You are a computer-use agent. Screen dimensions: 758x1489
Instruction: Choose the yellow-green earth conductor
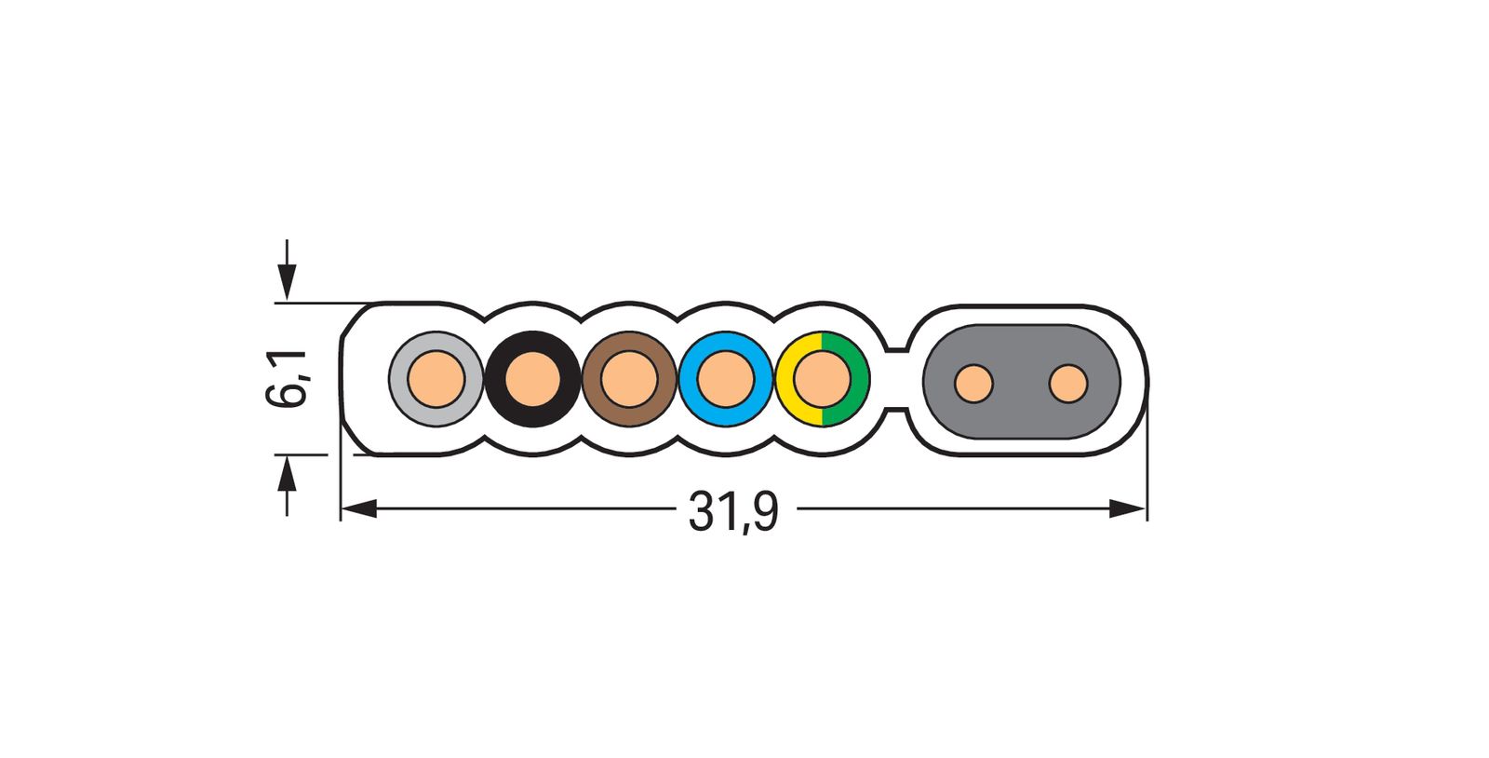coord(823,379)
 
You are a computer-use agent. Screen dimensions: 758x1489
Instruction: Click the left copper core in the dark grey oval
coord(973,384)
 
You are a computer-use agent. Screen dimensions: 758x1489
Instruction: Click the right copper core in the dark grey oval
coord(1067,384)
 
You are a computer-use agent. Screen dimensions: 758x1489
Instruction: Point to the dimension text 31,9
coord(732,512)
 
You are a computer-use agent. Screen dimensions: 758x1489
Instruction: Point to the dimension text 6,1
coord(286,379)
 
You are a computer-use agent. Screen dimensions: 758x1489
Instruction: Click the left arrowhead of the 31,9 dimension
coord(358,508)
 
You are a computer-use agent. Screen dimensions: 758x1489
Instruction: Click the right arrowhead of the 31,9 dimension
coord(1128,508)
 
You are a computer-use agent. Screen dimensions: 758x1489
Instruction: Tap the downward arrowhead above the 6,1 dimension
coord(287,282)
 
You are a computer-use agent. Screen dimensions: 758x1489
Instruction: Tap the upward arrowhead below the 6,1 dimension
coord(287,474)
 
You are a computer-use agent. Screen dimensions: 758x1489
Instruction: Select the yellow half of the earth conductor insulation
coord(787,379)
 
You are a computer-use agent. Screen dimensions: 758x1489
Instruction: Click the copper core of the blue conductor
coord(726,379)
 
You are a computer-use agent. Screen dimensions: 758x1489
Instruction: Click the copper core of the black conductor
coord(532,379)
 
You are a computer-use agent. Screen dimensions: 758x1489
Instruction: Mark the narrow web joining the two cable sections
coord(896,379)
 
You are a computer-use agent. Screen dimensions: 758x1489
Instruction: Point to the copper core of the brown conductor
coord(629,379)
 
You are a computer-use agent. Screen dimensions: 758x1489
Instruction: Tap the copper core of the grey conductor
coord(436,379)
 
